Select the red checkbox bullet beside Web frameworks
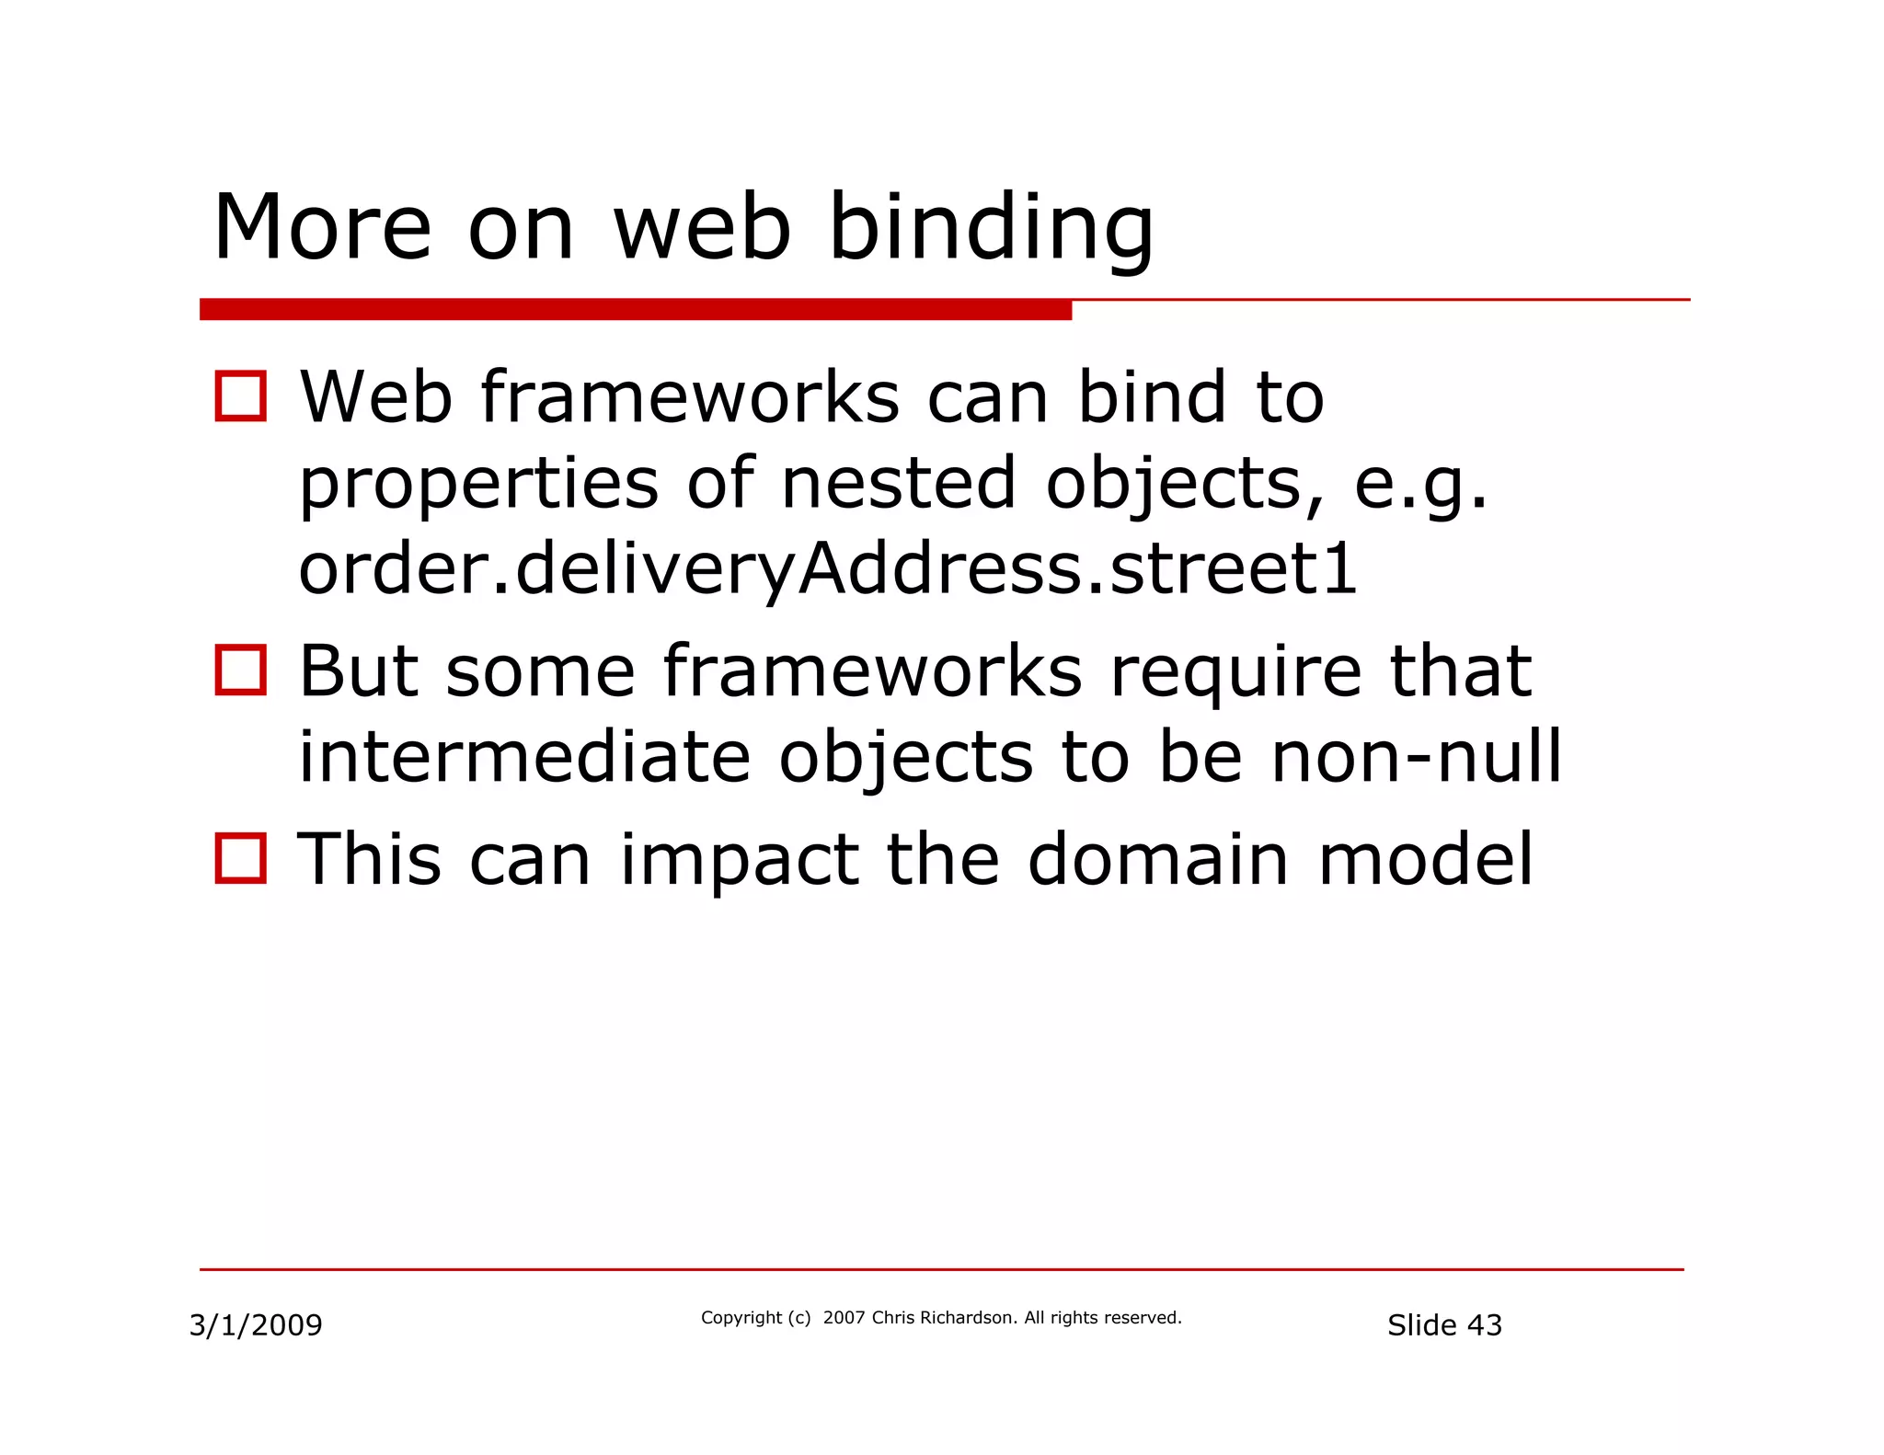241,396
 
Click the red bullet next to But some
241,670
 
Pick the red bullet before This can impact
241,858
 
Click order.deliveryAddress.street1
828,568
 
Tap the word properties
478,485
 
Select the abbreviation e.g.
1419,485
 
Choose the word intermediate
524,756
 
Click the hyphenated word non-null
1416,756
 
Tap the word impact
740,860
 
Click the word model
1425,860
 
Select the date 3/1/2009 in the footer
256,1325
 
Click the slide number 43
1484,1325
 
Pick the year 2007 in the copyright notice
844,1318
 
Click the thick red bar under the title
635,310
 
